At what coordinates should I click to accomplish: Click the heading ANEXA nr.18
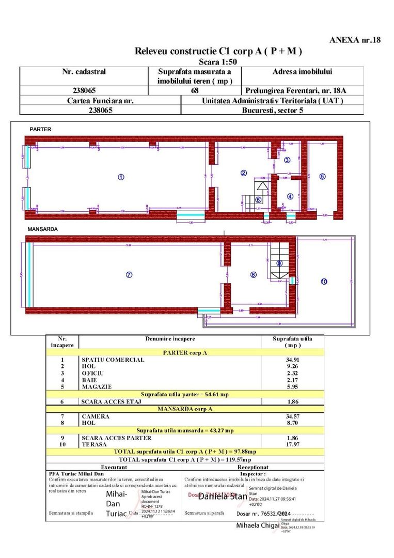(355, 40)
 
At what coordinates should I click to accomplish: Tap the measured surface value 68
(195, 90)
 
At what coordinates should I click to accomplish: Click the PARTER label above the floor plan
(40, 129)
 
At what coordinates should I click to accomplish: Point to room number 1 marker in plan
(121, 177)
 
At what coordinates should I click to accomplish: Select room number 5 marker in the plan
(322, 176)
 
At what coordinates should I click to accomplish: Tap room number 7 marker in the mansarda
(129, 275)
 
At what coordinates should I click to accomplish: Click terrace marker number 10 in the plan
(324, 282)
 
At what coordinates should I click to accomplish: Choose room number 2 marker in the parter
(244, 173)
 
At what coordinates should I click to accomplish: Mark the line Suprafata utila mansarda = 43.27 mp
(185, 430)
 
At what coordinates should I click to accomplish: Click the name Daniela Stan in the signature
(223, 497)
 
